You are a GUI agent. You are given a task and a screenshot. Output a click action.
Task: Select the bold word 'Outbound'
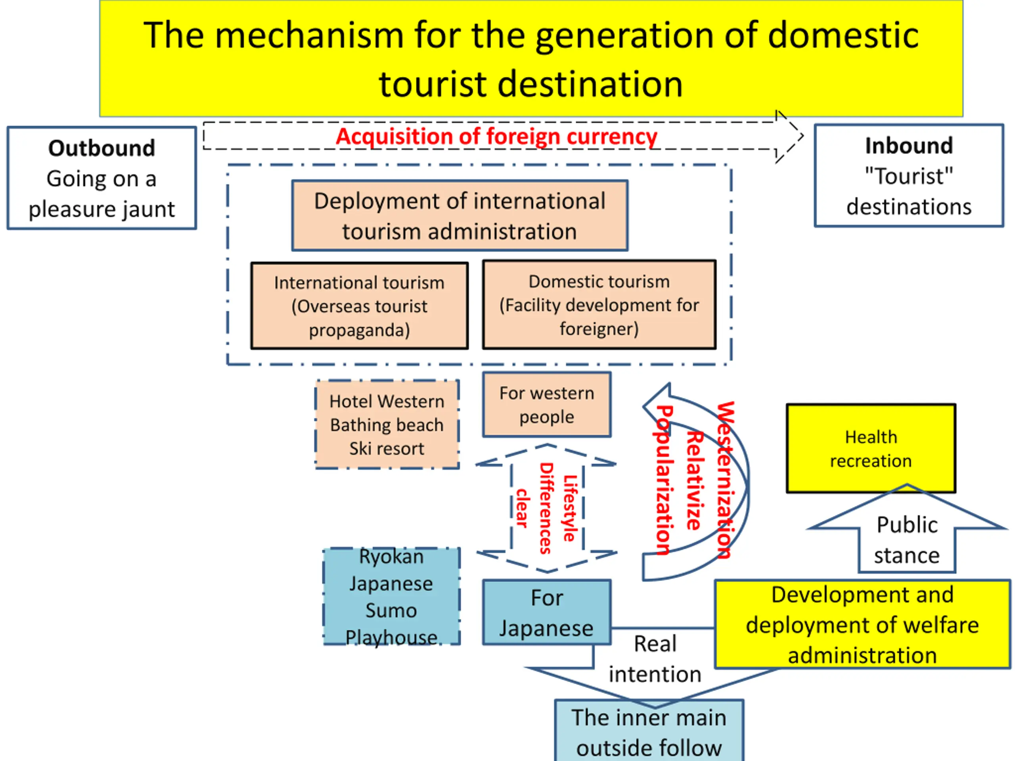(101, 148)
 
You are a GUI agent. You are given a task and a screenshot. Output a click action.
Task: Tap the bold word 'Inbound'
(909, 146)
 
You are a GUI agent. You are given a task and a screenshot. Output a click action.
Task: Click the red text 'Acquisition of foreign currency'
(496, 136)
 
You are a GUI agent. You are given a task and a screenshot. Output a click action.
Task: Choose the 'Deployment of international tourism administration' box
(460, 216)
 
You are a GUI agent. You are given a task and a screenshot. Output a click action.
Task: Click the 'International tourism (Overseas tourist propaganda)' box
(359, 306)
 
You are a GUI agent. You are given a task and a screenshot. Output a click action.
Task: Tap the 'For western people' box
(546, 405)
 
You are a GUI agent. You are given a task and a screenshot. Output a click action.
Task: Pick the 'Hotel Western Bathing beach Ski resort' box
(387, 425)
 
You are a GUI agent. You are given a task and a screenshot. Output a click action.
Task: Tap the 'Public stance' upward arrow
(906, 539)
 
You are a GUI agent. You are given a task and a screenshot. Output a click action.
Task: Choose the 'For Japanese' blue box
(546, 612)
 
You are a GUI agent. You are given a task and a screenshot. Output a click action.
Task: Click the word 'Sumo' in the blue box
(391, 610)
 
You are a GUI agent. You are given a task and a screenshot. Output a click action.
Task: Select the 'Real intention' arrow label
(655, 659)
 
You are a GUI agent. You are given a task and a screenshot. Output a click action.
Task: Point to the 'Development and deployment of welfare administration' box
(862, 624)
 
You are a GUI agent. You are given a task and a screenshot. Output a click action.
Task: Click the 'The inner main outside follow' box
(649, 732)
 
